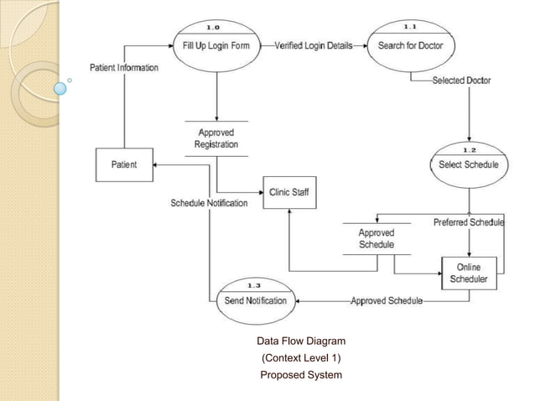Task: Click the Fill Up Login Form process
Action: click(x=216, y=45)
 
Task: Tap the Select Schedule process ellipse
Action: click(x=468, y=164)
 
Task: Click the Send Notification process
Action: click(x=256, y=300)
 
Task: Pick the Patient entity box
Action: click(x=124, y=165)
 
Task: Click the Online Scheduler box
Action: click(x=470, y=273)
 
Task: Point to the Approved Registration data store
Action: click(x=216, y=138)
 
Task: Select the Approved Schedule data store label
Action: click(x=377, y=238)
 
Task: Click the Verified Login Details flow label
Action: click(x=313, y=45)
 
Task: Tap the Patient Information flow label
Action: click(x=124, y=67)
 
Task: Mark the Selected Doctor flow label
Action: click(x=461, y=81)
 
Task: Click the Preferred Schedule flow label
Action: click(x=468, y=222)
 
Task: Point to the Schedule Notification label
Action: click(x=209, y=203)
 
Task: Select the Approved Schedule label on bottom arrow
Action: click(x=387, y=300)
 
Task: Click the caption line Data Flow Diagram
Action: click(x=301, y=341)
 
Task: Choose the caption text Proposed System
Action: click(x=301, y=374)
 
